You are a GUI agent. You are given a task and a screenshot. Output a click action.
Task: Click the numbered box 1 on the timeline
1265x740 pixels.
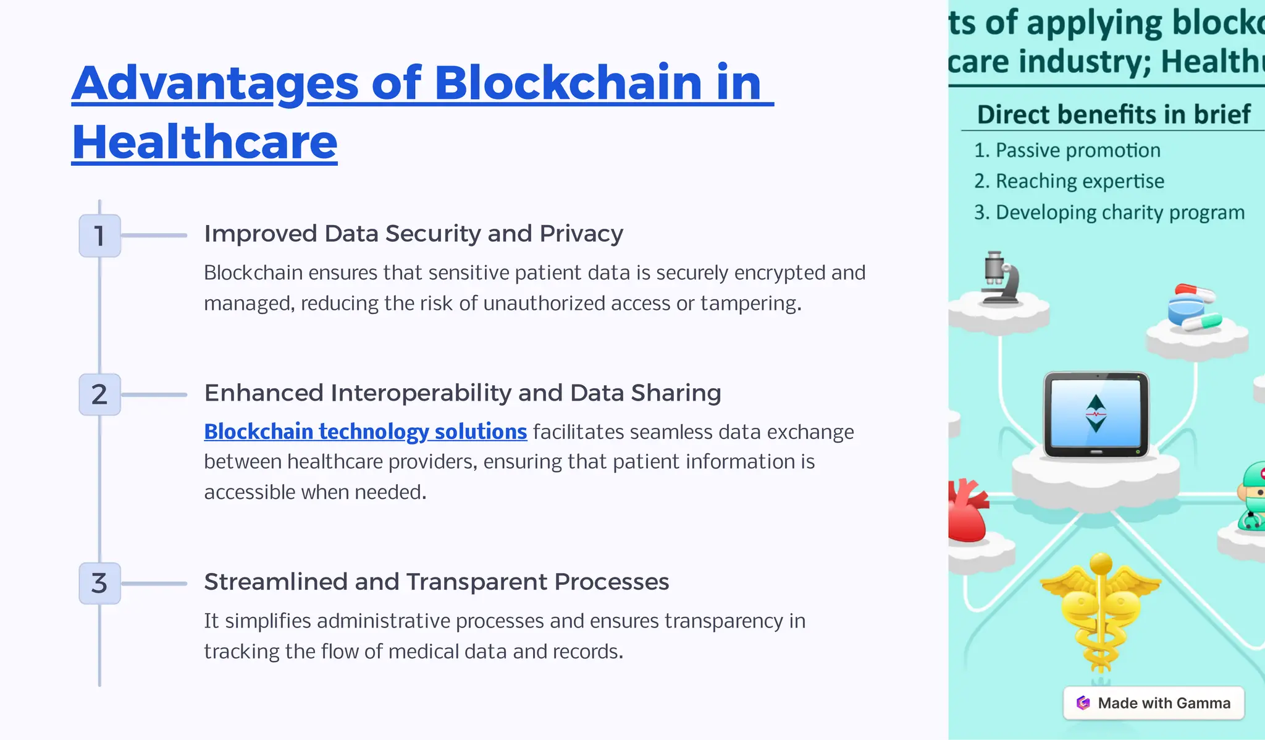[x=99, y=236]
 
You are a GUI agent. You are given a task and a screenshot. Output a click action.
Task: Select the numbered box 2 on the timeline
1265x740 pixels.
[x=99, y=394]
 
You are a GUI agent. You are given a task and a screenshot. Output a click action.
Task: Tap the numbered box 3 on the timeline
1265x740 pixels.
[x=99, y=583]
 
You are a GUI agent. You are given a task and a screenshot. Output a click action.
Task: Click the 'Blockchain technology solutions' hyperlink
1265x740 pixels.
[x=365, y=432]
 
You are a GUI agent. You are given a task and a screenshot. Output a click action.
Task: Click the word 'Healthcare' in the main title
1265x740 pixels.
[x=204, y=142]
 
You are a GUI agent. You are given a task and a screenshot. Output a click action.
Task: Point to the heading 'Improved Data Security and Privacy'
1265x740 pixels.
[x=413, y=234]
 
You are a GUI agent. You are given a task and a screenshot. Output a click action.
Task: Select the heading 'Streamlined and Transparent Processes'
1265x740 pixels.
[x=436, y=582]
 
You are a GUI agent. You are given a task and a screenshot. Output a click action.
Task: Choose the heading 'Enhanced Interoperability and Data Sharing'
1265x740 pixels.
[x=462, y=393]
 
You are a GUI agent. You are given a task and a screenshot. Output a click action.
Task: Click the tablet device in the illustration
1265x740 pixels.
[x=1096, y=414]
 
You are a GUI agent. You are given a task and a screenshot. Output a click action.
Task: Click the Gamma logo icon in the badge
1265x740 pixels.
[x=1083, y=703]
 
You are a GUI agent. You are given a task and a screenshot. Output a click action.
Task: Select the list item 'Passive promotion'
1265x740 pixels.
[x=1077, y=150]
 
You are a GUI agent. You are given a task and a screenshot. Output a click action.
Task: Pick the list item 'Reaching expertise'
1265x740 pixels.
[x=1079, y=181]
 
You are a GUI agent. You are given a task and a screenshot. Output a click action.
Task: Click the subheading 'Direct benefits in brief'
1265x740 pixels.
[x=1113, y=115]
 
